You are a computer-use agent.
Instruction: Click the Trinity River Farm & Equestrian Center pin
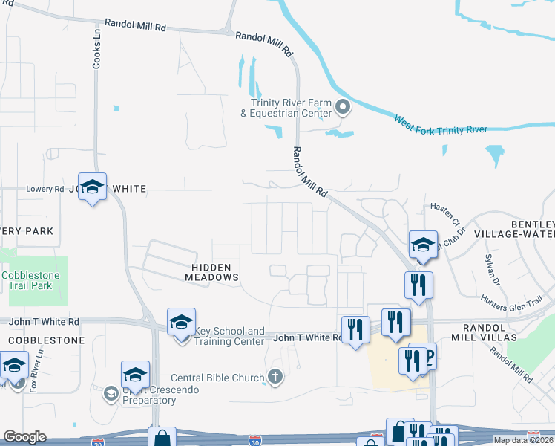point(343,109)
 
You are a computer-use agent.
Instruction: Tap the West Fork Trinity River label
point(440,125)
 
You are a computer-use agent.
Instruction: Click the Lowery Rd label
point(45,190)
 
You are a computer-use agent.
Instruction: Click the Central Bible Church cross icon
point(275,377)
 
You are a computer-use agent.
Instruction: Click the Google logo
point(24,436)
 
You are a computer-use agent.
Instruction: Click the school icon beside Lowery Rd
point(93,187)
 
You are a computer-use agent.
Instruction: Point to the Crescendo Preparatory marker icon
point(111,392)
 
